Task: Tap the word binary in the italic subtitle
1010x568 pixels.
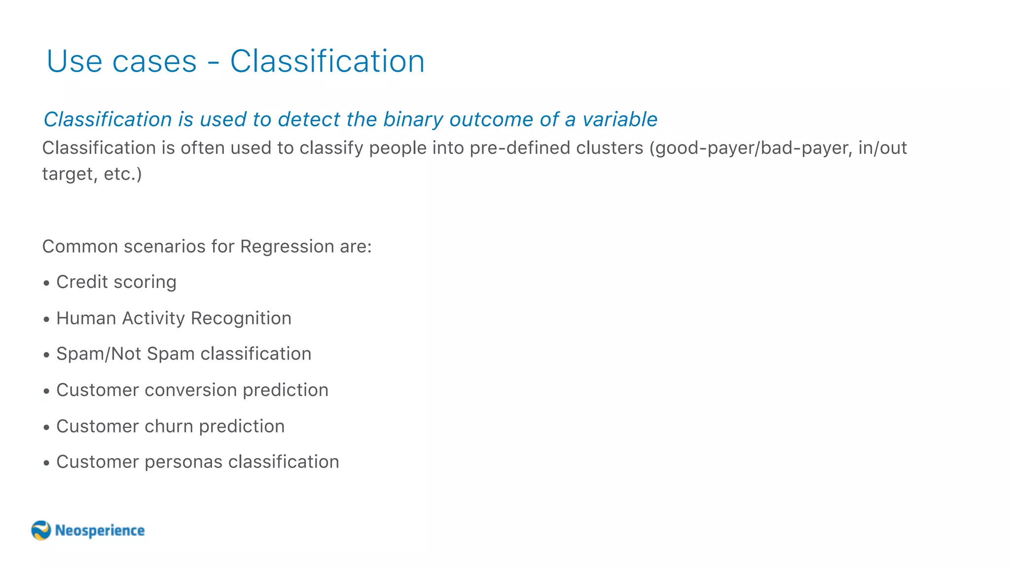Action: tap(413, 119)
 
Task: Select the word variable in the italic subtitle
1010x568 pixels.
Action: tap(620, 119)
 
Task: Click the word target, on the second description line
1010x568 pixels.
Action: tap(70, 174)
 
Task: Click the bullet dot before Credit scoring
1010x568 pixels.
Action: tap(46, 283)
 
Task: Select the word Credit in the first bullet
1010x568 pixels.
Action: tap(82, 282)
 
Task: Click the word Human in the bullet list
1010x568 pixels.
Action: tap(86, 319)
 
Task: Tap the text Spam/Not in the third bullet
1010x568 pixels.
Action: tap(99, 354)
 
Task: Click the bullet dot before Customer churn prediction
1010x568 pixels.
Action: tap(46, 427)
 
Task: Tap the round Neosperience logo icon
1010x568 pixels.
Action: tap(41, 531)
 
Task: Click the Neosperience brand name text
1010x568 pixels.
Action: tap(100, 531)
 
